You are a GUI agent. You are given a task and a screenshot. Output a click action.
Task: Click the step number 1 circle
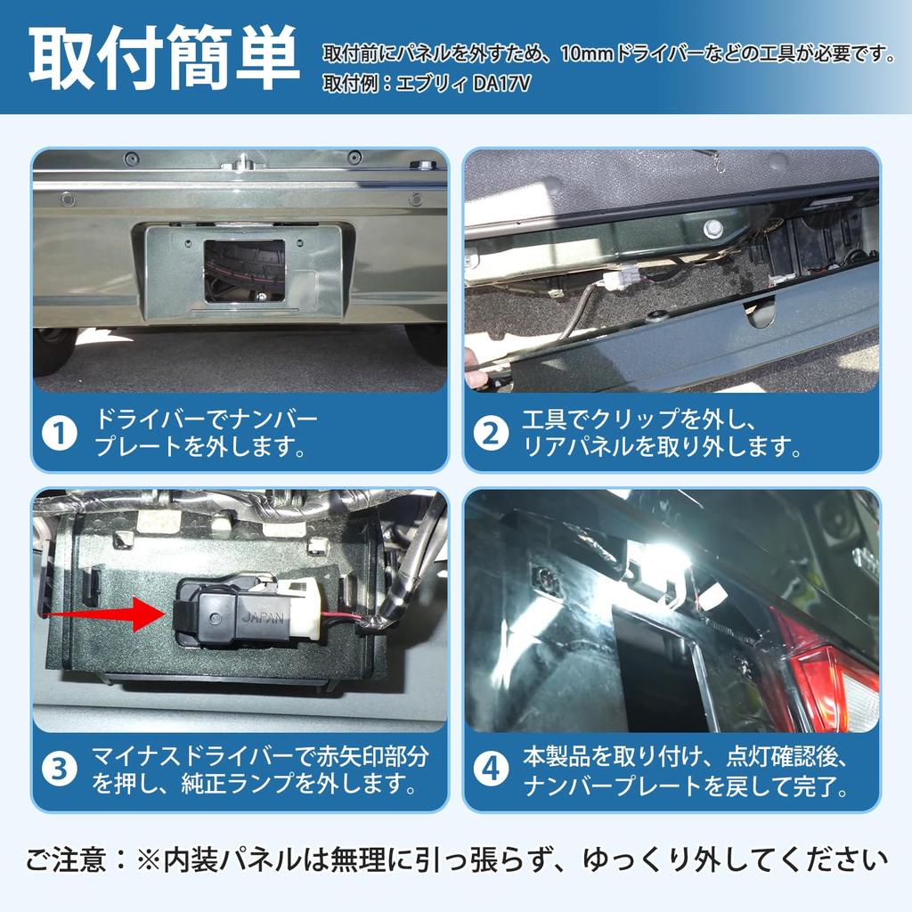tap(61, 434)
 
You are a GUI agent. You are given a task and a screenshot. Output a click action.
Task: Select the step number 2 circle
tap(491, 434)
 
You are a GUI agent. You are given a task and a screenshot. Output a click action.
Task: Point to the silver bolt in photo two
tap(712, 228)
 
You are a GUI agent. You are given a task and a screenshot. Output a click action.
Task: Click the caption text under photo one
tap(205, 434)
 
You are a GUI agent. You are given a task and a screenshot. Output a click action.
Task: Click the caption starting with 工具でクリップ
tap(659, 434)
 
